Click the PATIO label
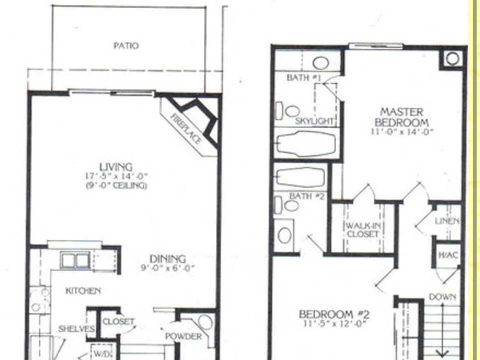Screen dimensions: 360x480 point(126,46)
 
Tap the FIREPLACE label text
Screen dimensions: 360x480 point(186,129)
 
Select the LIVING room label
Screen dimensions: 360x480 point(115,167)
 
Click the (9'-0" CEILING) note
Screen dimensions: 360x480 point(115,185)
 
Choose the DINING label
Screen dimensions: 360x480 point(168,259)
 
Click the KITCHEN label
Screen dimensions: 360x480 point(83,290)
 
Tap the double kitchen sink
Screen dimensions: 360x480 point(75,260)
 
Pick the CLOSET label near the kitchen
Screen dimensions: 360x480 point(118,321)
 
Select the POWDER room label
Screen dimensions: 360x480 point(183,336)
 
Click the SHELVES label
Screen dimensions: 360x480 point(76,328)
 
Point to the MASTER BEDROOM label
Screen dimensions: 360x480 point(401,116)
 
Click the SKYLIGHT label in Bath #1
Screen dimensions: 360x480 point(314,121)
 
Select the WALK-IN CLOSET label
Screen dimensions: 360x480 point(363,230)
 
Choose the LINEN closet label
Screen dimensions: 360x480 point(447,221)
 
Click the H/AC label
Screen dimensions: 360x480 point(447,255)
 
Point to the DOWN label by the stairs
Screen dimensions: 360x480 point(442,297)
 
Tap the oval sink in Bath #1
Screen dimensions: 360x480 point(320,63)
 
